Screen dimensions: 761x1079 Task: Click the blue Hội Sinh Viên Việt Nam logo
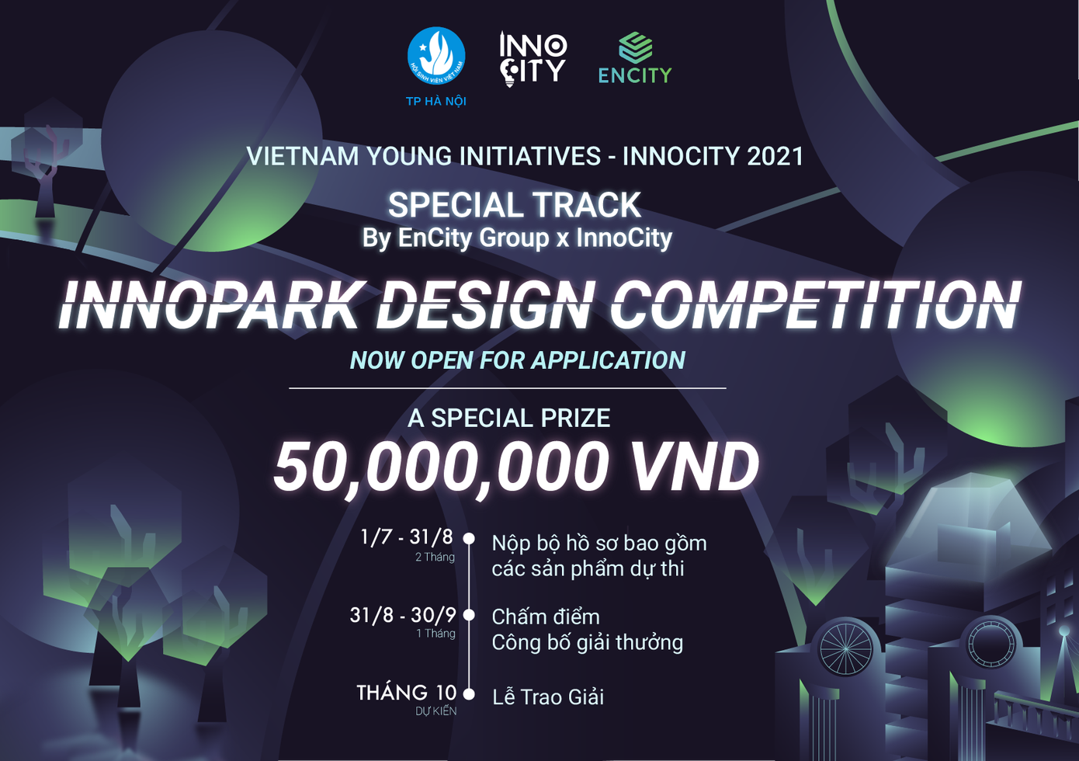coord(436,56)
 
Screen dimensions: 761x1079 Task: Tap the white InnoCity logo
coord(533,58)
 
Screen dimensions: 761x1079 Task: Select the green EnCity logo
coord(635,58)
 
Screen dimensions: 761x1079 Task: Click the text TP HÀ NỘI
coord(436,101)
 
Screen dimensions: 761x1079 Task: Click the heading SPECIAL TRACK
coord(515,206)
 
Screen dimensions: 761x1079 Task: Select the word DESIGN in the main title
coord(485,305)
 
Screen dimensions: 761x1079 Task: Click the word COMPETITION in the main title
coord(815,305)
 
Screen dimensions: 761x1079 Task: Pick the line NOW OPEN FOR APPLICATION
coord(518,360)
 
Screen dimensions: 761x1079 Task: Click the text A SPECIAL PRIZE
coord(509,418)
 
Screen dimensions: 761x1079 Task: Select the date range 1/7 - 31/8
coord(407,537)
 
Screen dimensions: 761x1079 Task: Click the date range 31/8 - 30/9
coord(403,615)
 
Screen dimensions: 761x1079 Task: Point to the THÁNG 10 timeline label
coord(407,693)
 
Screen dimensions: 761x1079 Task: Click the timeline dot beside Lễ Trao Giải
coord(469,693)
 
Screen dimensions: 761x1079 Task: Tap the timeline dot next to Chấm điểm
coord(469,615)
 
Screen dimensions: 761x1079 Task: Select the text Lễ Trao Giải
coord(548,697)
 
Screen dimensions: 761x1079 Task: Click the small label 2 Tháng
coord(435,557)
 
